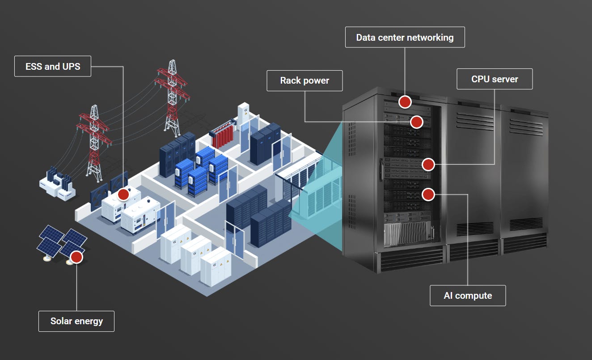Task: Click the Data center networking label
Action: tap(405, 37)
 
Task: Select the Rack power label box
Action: tap(304, 80)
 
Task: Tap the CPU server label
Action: tap(495, 79)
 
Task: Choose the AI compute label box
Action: tap(468, 296)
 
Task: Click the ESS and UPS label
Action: tap(52, 66)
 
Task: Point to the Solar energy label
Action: tap(76, 321)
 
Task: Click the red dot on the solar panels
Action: tap(76, 257)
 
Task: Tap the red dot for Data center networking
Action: tap(405, 102)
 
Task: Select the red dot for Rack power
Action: tap(416, 122)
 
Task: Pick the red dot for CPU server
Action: tap(428, 165)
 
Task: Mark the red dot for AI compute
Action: tap(428, 194)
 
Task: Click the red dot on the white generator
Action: tap(123, 195)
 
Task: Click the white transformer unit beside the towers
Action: tap(57, 183)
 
